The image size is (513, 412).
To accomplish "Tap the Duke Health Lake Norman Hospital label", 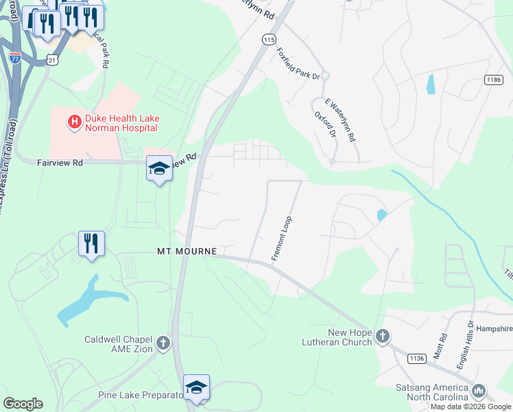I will coord(122,123).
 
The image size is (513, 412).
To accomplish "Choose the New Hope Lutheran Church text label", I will coord(339,337).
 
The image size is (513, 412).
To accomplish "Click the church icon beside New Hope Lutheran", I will coord(383,336).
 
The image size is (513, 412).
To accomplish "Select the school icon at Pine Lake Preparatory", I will coord(196,388).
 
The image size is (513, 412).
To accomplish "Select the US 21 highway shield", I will coord(53,60).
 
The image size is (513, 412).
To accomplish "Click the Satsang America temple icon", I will coord(478,391).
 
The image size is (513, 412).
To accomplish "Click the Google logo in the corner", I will coord(23,404).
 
